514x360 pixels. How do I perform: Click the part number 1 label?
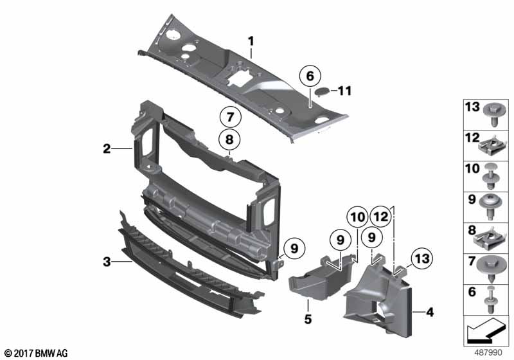(251, 42)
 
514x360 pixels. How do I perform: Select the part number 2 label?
(107, 148)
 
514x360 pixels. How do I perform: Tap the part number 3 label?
(107, 262)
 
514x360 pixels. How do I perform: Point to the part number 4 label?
(430, 312)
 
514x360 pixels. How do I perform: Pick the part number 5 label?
(308, 319)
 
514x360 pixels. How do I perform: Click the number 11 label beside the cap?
(344, 91)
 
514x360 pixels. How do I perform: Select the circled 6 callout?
(310, 76)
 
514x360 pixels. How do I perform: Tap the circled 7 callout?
(231, 117)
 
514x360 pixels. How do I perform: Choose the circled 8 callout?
(229, 139)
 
